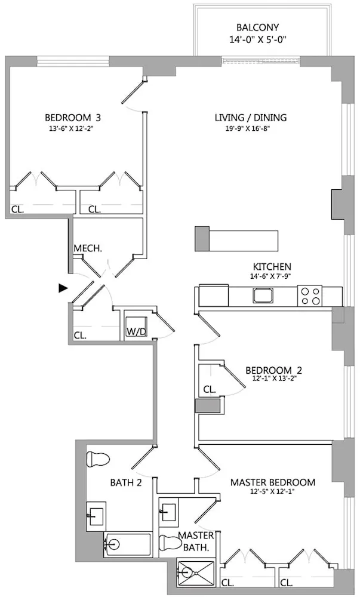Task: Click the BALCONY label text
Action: (257, 27)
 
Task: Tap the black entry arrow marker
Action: (63, 288)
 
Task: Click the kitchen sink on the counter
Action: (263, 295)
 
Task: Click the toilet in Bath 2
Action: (99, 460)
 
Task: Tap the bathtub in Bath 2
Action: (127, 544)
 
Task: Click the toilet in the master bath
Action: (172, 544)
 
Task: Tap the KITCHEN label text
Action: (272, 266)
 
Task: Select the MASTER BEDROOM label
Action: (273, 482)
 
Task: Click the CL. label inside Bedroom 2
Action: (209, 389)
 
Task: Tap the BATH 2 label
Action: (125, 482)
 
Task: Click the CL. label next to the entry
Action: (80, 335)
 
